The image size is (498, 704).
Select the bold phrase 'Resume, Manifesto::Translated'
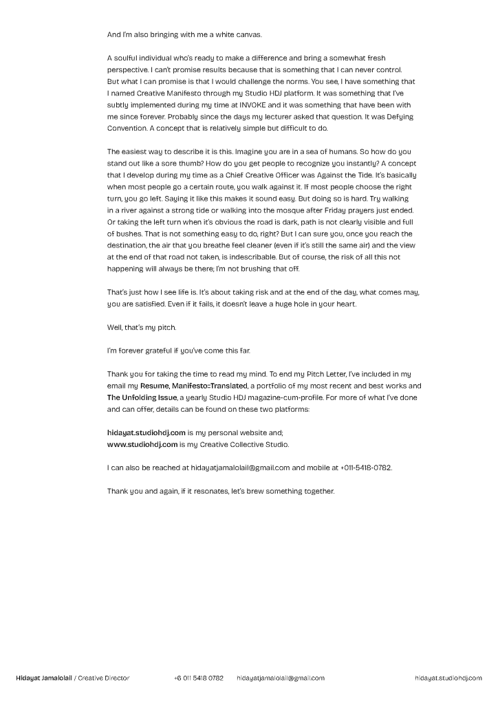[194, 386]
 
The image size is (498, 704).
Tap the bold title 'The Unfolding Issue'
[142, 397]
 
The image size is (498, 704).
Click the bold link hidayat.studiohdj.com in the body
[147, 432]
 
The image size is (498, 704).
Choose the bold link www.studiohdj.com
[142, 444]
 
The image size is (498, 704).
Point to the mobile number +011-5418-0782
[366, 467]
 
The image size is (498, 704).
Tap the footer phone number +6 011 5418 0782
[199, 678]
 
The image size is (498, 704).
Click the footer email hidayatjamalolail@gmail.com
[281, 678]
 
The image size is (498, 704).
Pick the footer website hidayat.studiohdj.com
[448, 678]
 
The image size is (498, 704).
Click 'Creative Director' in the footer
[103, 678]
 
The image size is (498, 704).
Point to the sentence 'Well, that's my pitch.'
[142, 327]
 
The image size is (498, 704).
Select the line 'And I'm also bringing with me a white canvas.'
[184, 34]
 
